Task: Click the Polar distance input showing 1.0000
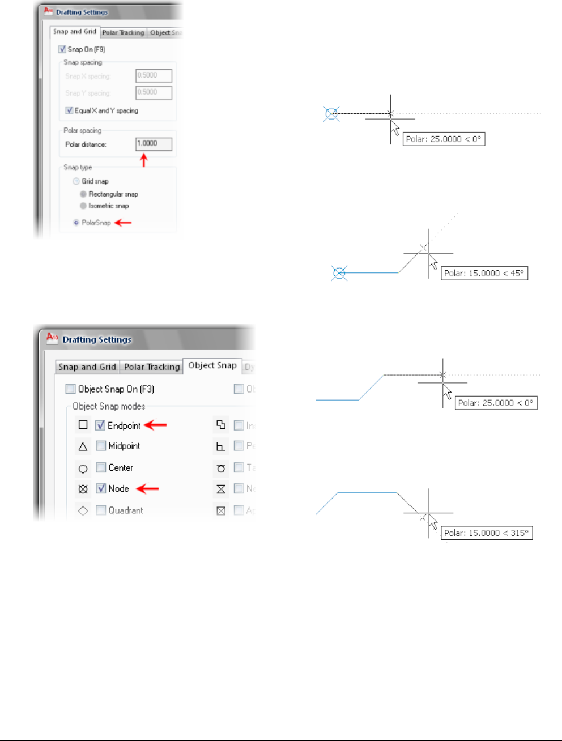(x=154, y=144)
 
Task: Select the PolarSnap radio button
(x=76, y=223)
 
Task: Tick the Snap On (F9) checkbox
(x=62, y=49)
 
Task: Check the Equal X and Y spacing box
(x=69, y=110)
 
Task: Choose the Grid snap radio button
(x=76, y=181)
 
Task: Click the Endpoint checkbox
(x=100, y=425)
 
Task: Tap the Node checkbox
(x=101, y=488)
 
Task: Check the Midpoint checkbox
(x=101, y=446)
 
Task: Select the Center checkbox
(x=101, y=467)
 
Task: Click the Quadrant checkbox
(x=101, y=510)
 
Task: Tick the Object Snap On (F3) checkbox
(x=70, y=389)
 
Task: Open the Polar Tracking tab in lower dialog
(x=152, y=367)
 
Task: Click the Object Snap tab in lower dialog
(x=212, y=365)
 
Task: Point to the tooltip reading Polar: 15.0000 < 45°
(x=484, y=274)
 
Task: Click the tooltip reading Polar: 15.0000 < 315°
(x=487, y=533)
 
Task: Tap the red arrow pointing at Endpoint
(x=155, y=425)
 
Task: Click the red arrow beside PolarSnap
(x=123, y=223)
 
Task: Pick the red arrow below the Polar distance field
(x=144, y=160)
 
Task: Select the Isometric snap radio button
(x=83, y=206)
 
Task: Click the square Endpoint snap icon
(x=83, y=425)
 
